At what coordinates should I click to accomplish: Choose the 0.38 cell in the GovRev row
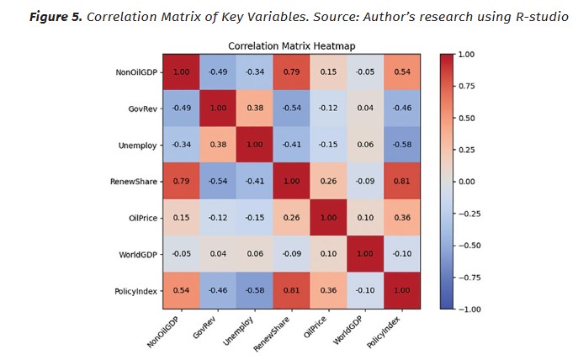click(251, 109)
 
